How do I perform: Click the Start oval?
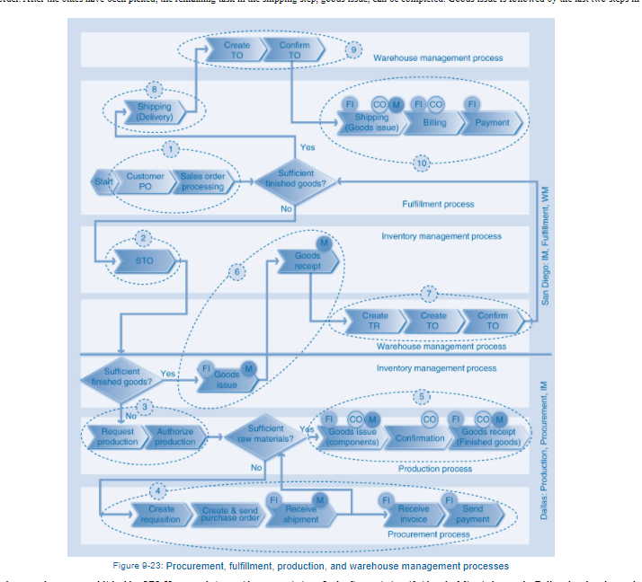pyautogui.click(x=103, y=181)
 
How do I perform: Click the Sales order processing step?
pyautogui.click(x=201, y=181)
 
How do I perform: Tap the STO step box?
pyautogui.click(x=144, y=261)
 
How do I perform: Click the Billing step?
pyautogui.click(x=434, y=123)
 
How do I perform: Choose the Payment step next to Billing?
pyautogui.click(x=492, y=123)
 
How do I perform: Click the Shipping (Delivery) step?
pyautogui.click(x=154, y=111)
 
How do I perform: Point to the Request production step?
pyautogui.click(x=118, y=436)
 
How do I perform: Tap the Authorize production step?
pyautogui.click(x=174, y=436)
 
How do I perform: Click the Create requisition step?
pyautogui.click(x=161, y=515)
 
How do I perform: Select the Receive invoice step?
pyautogui.click(x=413, y=515)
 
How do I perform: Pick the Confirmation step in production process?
pyautogui.click(x=420, y=438)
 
